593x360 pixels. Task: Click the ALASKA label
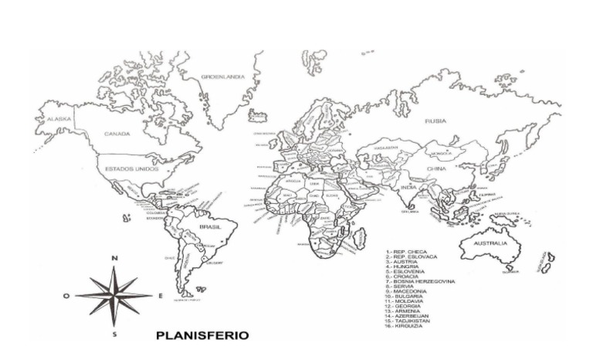59,120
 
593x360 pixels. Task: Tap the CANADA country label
117,134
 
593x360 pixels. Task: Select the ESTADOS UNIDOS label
131,168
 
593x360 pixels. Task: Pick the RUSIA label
435,121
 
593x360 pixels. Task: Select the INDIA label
408,187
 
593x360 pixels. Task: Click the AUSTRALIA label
490,243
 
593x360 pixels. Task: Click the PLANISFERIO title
202,336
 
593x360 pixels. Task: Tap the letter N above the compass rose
114,259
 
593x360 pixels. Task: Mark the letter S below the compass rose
114,335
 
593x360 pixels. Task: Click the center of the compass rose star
114,294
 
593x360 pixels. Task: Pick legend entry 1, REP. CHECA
408,252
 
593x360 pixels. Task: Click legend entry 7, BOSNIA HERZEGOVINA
422,281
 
